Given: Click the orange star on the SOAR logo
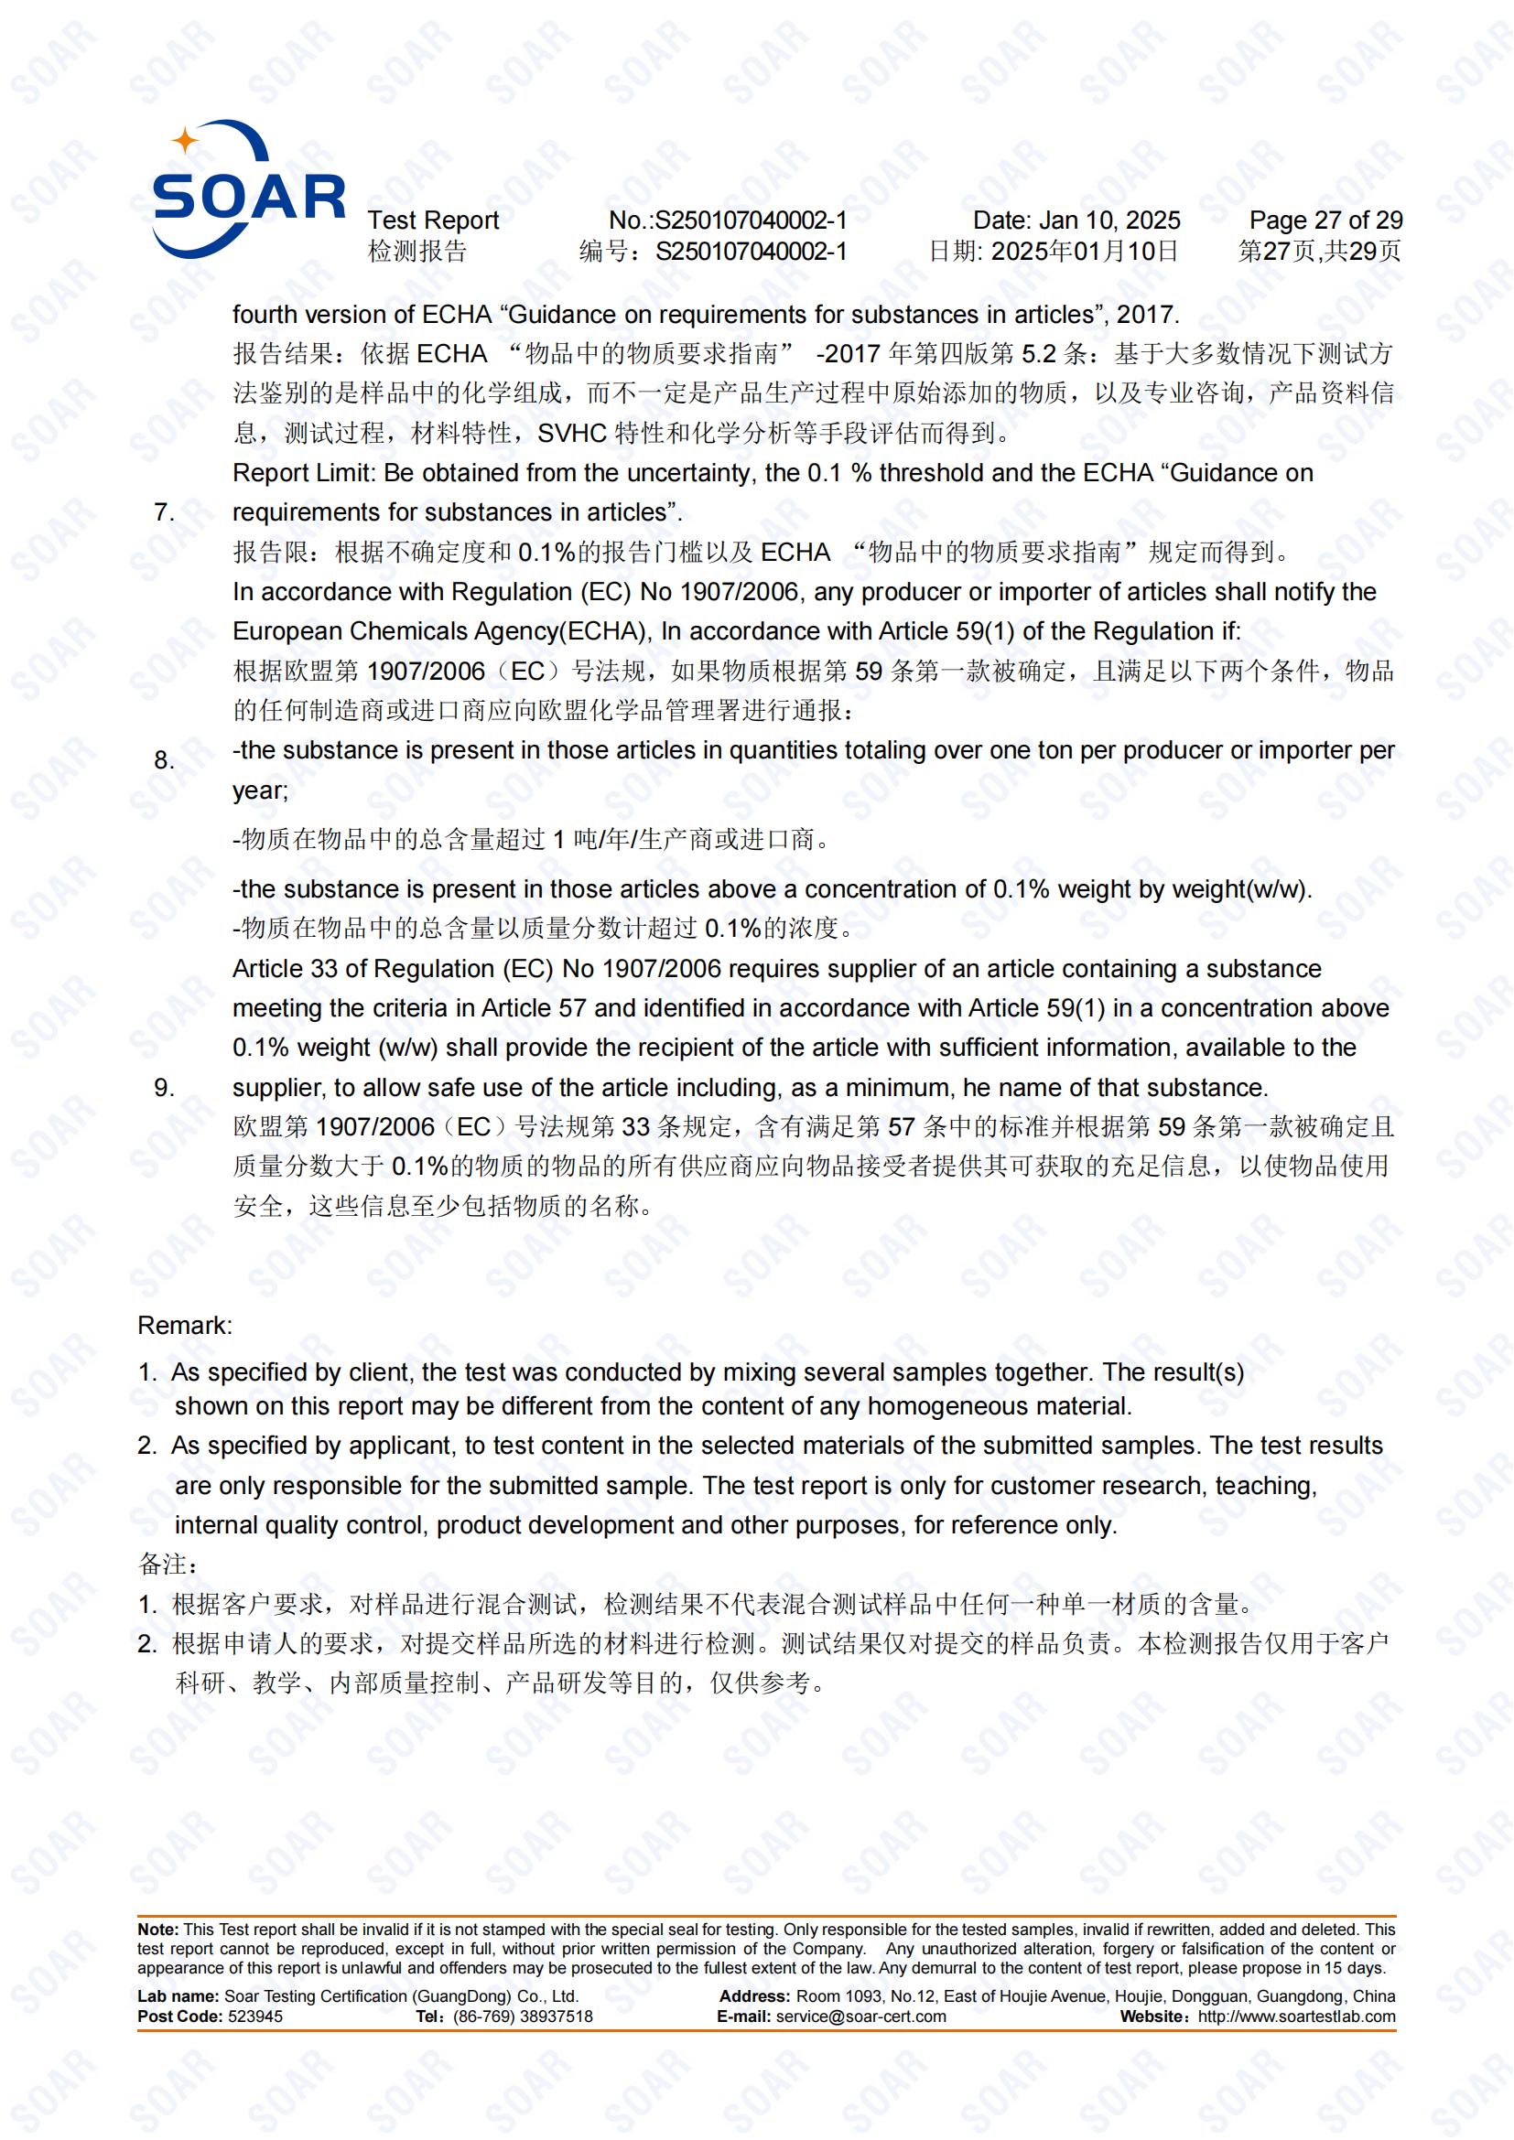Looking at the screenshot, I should [x=186, y=141].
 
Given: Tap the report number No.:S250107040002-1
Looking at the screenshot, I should [x=727, y=220].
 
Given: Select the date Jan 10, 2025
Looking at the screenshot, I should [x=1108, y=220].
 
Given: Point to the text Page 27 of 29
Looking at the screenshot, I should [x=1325, y=220].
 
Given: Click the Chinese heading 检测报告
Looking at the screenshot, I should [x=416, y=251].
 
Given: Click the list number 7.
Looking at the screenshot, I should [x=164, y=512].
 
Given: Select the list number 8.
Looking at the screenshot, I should [x=164, y=760].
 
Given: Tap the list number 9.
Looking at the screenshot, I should [x=164, y=1088].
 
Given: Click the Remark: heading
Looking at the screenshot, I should [x=185, y=1326].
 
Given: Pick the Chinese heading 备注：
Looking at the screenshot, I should [x=168, y=1564].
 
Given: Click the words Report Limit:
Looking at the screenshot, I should [x=304, y=474].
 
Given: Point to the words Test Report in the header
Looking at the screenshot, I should [x=433, y=220].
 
